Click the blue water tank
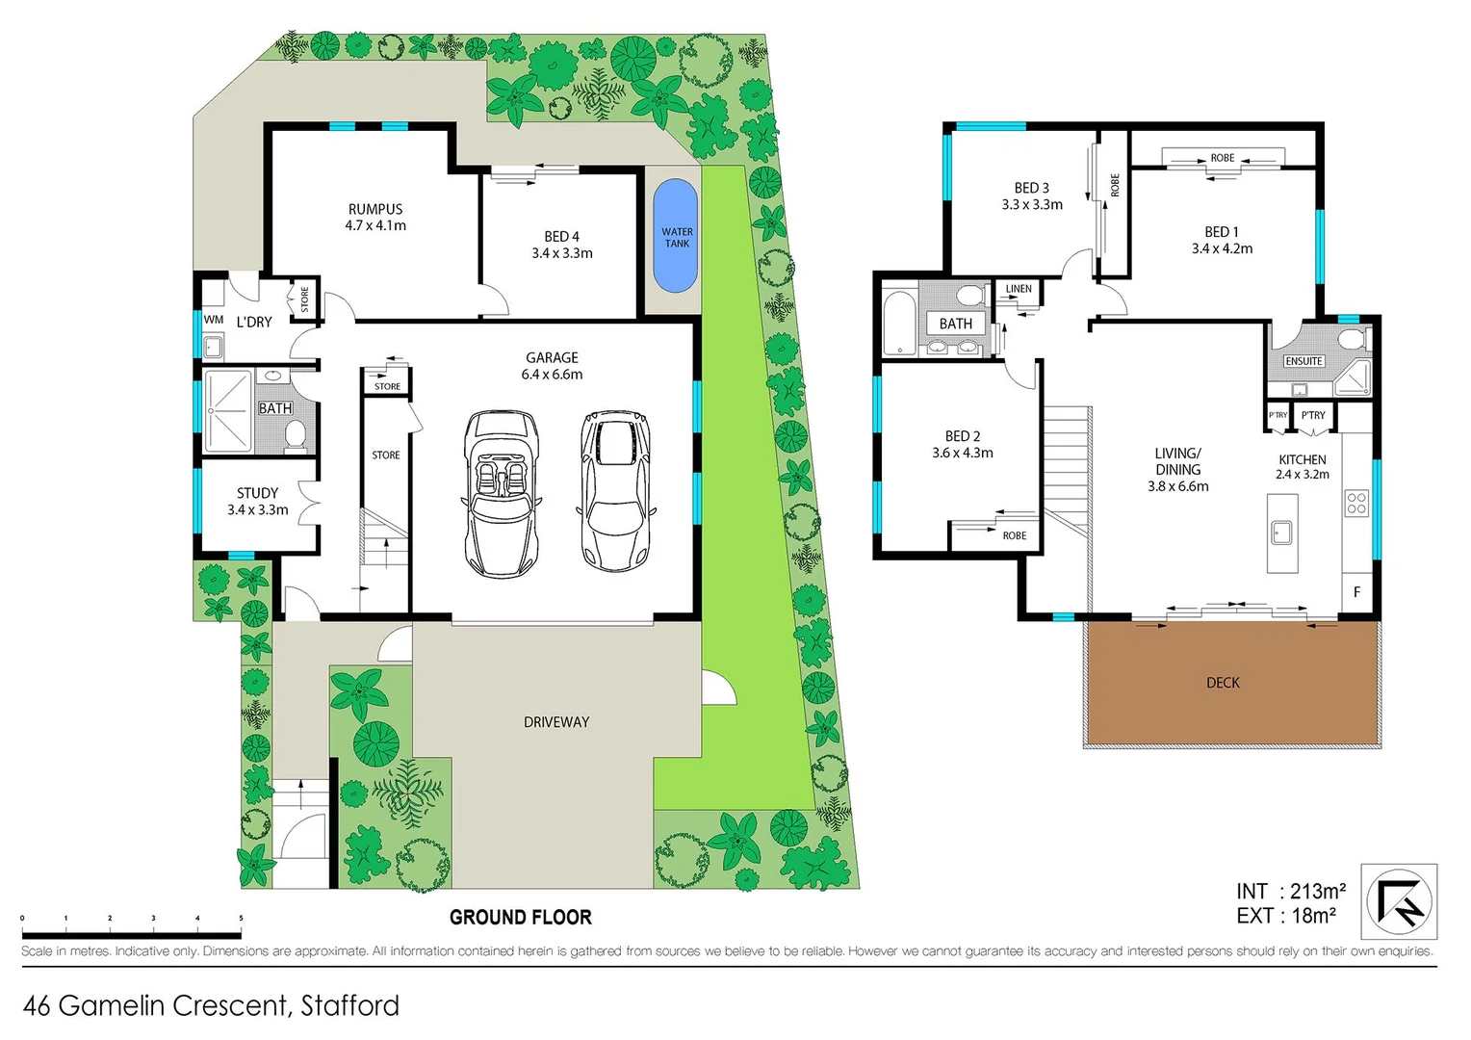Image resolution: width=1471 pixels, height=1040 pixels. [676, 236]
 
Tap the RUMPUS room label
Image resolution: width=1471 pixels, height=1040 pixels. [375, 209]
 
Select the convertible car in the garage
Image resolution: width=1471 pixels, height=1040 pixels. [501, 493]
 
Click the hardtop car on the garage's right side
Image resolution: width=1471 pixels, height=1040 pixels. [616, 491]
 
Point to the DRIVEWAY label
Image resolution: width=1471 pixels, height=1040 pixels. [556, 722]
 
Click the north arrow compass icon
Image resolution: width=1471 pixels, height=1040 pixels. [1399, 902]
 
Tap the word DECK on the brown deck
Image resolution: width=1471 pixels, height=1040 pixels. [1223, 683]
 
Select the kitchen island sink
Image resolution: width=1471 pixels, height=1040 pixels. [1281, 532]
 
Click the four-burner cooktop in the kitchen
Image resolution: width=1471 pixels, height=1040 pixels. [1356, 503]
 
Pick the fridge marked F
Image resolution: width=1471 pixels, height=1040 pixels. [1356, 591]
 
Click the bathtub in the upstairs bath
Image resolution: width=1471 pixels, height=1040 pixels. [899, 323]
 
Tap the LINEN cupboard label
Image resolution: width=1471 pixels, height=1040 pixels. [1019, 289]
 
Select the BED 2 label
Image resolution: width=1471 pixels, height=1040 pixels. [963, 436]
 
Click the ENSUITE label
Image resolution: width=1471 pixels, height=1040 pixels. [1303, 361]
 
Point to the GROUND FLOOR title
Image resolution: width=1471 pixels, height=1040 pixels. [520, 918]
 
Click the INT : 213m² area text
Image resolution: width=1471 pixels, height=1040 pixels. [1290, 892]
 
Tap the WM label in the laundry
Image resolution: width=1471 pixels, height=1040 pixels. [214, 320]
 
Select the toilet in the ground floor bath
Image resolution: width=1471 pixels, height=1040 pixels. [296, 435]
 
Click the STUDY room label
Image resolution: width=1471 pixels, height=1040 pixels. [257, 493]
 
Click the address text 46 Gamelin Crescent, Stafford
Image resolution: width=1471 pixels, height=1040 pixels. [211, 1005]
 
